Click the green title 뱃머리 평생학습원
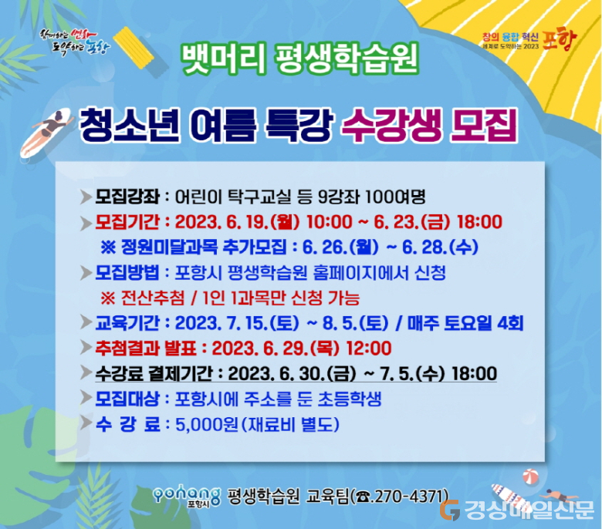[300, 59]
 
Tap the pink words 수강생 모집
[430, 126]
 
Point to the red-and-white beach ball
[530, 477]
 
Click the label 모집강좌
[127, 197]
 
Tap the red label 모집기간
[127, 222]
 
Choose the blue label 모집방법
[127, 273]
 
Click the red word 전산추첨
[153, 298]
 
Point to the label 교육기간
[127, 323]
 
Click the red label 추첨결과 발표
[146, 349]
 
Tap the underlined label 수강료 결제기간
[153, 374]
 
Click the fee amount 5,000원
[207, 424]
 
